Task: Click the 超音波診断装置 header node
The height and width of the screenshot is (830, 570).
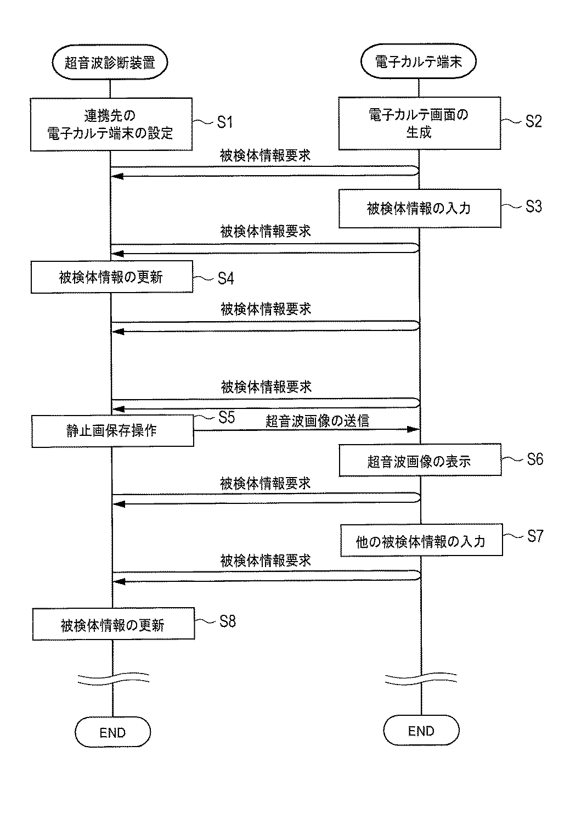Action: [x=110, y=63]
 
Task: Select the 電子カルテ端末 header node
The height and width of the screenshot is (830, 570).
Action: [x=419, y=61]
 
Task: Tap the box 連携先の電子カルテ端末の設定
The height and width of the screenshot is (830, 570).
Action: [x=111, y=124]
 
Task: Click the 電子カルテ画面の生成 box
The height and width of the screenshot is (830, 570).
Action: [x=419, y=124]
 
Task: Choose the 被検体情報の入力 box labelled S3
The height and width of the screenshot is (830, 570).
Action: [x=419, y=209]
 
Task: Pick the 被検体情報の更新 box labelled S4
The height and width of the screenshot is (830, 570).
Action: [x=111, y=277]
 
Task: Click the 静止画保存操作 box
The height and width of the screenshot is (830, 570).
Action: [x=112, y=430]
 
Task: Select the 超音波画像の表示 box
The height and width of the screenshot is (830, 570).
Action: [x=420, y=461]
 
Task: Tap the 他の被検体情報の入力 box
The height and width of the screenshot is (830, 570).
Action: [x=421, y=541]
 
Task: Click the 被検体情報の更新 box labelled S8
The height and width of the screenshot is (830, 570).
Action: [x=112, y=624]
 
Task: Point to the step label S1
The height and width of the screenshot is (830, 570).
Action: [x=225, y=122]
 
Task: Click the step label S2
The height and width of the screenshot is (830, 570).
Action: [x=533, y=121]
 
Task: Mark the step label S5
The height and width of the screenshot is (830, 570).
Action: [x=226, y=417]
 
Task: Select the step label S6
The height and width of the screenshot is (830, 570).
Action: [x=534, y=459]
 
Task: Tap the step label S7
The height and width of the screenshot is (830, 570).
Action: [x=534, y=536]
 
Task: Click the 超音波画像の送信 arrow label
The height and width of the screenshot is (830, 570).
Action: [x=317, y=420]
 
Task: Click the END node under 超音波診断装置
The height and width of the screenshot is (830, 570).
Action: [x=112, y=732]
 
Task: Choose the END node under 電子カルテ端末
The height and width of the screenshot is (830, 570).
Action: [x=421, y=731]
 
